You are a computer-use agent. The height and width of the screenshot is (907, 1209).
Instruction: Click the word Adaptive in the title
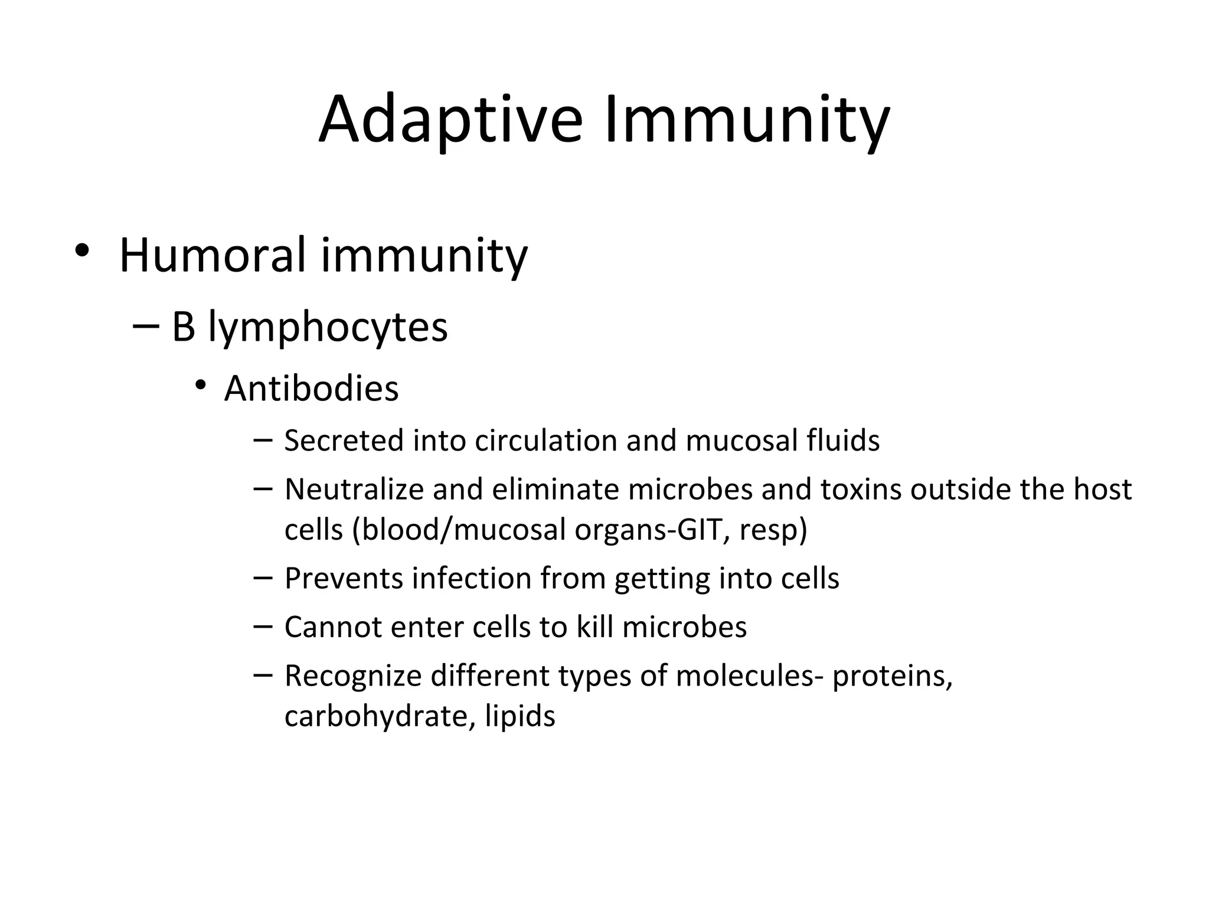point(451,120)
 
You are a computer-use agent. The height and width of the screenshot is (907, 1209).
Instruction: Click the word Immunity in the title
point(746,120)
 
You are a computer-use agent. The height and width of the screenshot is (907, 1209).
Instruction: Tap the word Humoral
point(213,256)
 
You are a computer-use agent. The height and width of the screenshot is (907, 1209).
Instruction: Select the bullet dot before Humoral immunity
point(82,252)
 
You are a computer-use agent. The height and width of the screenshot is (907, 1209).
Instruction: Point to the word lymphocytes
point(328,328)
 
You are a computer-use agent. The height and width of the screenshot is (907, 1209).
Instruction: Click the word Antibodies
point(311,389)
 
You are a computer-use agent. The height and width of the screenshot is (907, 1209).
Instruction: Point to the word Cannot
point(333,627)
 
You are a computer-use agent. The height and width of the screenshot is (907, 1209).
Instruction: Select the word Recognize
point(353,676)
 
